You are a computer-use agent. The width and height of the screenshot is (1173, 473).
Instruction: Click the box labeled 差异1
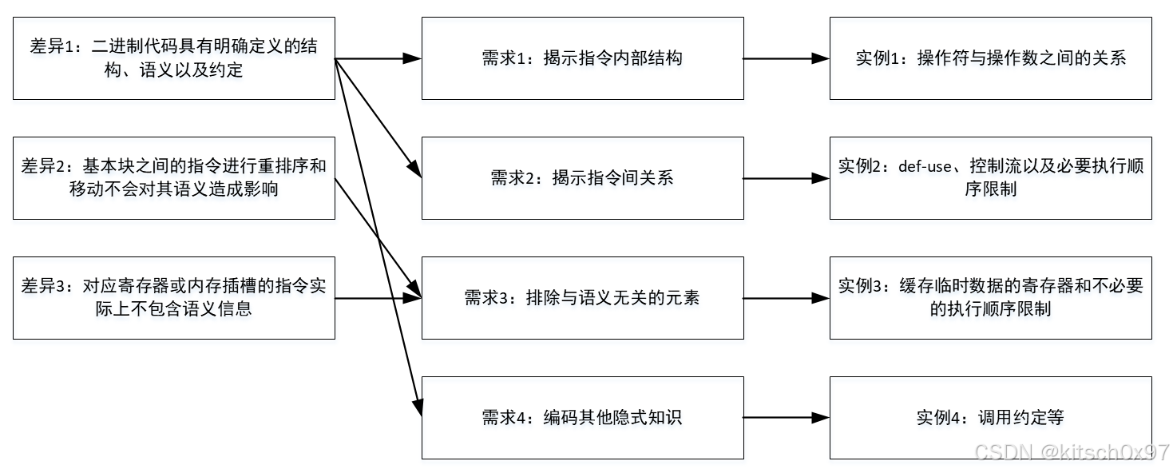(x=173, y=58)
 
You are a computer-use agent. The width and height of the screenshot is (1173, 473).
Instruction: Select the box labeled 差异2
(x=173, y=177)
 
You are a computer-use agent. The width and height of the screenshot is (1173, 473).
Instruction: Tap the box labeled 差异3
(x=173, y=297)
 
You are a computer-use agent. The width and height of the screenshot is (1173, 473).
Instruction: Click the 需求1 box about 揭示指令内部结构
(x=582, y=58)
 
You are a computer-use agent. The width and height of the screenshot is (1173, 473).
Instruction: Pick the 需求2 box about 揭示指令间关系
(x=582, y=177)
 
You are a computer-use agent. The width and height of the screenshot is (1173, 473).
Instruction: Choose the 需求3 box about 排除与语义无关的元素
(x=582, y=297)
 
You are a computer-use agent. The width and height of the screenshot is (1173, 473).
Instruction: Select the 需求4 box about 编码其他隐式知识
(x=582, y=417)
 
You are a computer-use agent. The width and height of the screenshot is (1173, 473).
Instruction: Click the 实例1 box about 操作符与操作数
(x=990, y=58)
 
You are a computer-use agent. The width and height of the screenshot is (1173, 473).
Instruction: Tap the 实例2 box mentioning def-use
(x=990, y=177)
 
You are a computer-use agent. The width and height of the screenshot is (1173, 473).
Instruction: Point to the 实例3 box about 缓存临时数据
(x=990, y=297)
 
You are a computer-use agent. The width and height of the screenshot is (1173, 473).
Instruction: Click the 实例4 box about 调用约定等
(x=990, y=417)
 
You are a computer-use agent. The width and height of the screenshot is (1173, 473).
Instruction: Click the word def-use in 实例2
(x=925, y=167)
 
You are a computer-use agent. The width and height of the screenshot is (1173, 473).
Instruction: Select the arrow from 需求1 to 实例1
(x=787, y=58)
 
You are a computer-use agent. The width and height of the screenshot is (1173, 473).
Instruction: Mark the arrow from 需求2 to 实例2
(x=787, y=178)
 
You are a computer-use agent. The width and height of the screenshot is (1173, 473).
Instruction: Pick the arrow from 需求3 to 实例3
(x=787, y=298)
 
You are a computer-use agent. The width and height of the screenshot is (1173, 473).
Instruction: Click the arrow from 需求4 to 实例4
(x=787, y=417)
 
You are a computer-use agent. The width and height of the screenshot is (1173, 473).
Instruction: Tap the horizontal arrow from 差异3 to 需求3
(x=375, y=298)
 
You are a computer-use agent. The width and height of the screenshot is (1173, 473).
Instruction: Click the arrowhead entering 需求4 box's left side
(x=415, y=406)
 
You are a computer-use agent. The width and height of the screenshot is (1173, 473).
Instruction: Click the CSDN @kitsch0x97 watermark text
(x=1072, y=452)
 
